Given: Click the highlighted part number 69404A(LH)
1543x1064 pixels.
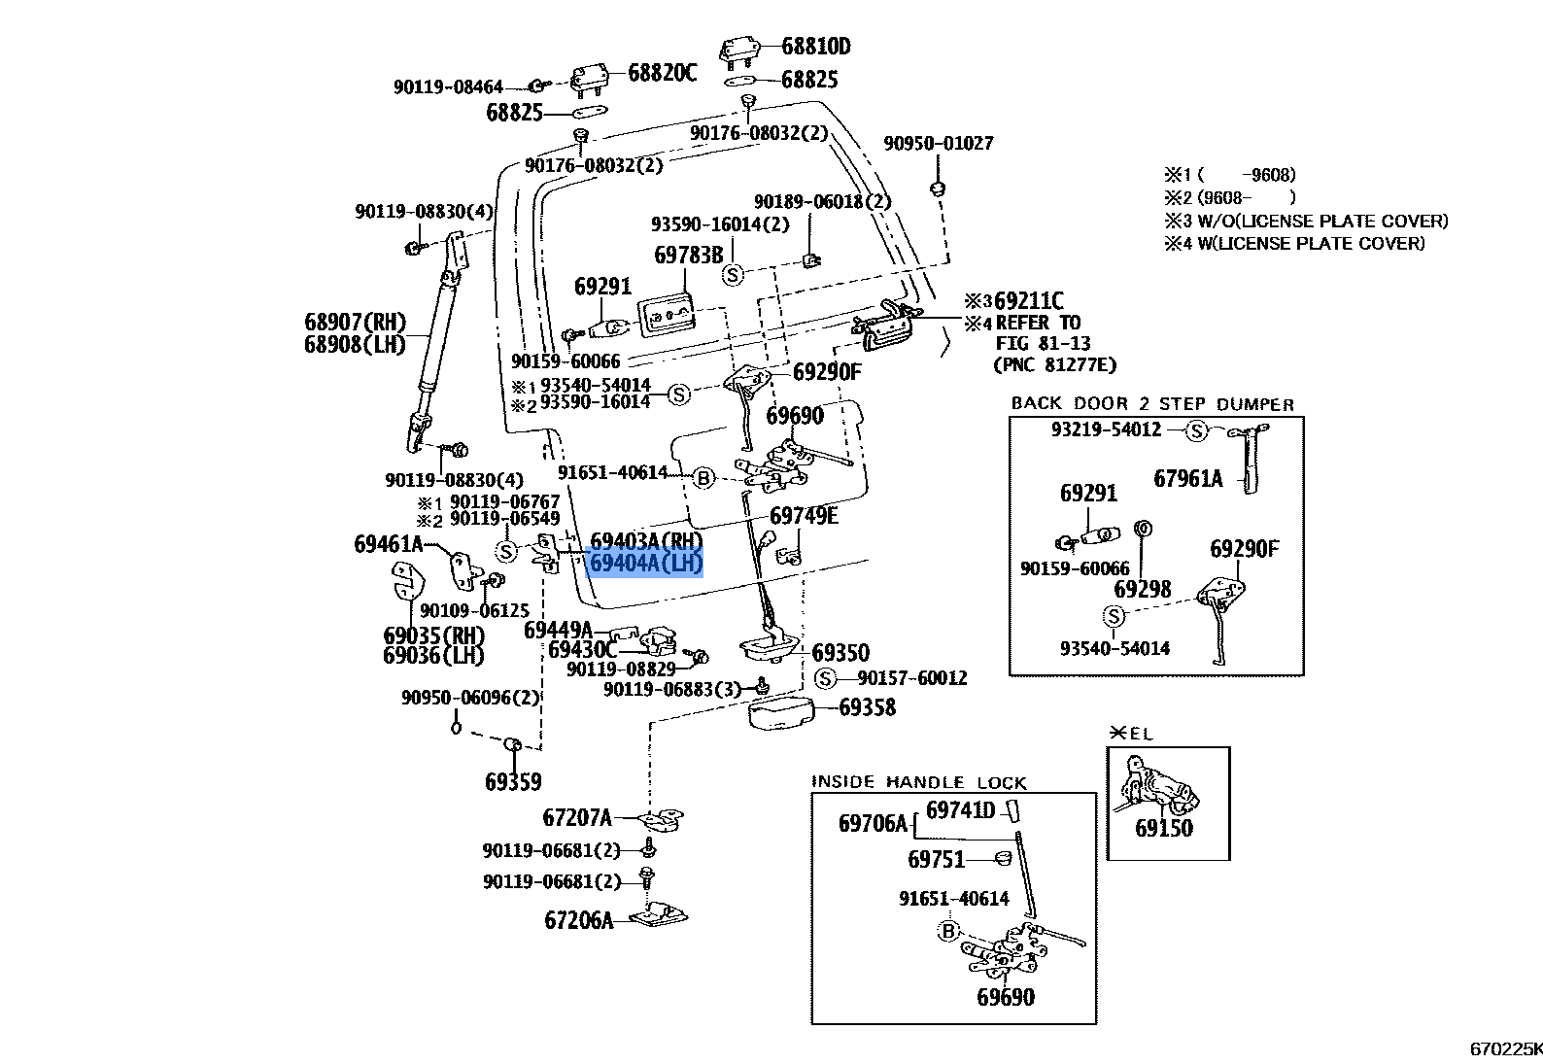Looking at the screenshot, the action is (x=646, y=563).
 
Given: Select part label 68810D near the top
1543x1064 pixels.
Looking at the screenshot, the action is (x=816, y=46).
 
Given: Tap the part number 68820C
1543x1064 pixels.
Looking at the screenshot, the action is (x=662, y=72).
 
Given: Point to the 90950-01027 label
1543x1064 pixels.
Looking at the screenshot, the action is (x=939, y=143).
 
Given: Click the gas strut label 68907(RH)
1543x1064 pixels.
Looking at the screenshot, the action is (x=356, y=322).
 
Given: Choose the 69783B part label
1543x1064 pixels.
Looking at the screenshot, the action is (x=688, y=256).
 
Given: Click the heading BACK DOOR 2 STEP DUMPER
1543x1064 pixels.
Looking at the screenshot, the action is (x=1152, y=403).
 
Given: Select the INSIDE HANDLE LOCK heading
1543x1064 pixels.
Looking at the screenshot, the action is (x=919, y=781).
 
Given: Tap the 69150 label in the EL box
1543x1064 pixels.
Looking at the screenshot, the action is (x=1163, y=828).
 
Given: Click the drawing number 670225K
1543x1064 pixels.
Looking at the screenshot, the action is (x=1506, y=1048).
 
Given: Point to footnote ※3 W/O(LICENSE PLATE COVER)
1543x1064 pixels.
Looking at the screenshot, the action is (x=1306, y=222).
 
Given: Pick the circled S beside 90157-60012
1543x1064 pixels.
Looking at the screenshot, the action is (x=825, y=678).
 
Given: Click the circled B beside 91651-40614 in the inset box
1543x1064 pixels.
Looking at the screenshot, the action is (x=948, y=931).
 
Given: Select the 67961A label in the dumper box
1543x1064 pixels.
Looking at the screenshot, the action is (x=1188, y=479).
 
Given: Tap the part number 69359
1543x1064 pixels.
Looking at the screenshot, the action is (x=513, y=781).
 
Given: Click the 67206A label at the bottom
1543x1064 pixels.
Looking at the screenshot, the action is (x=579, y=920).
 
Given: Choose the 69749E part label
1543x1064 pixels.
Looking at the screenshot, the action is (x=804, y=516).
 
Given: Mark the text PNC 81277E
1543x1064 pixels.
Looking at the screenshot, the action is (x=1054, y=364).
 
